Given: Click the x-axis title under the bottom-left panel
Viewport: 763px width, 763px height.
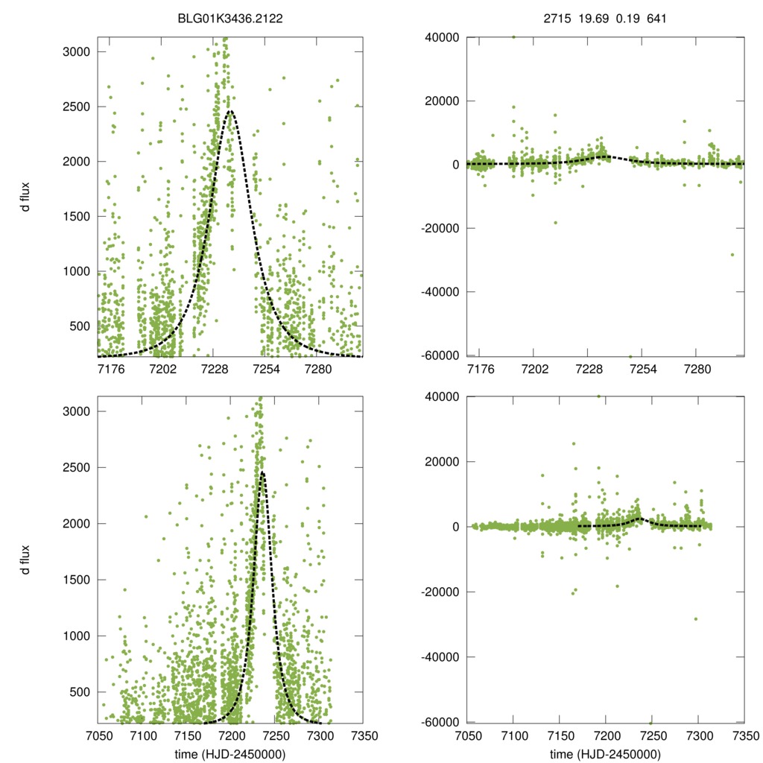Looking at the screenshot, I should pyautogui.click(x=229, y=753).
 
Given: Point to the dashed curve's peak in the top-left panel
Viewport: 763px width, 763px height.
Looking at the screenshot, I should pyautogui.click(x=230, y=111).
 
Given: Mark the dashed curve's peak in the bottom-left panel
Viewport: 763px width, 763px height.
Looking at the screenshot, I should pyautogui.click(x=262, y=472).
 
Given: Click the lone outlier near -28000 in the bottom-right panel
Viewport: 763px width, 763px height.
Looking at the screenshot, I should pyautogui.click(x=696, y=618).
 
